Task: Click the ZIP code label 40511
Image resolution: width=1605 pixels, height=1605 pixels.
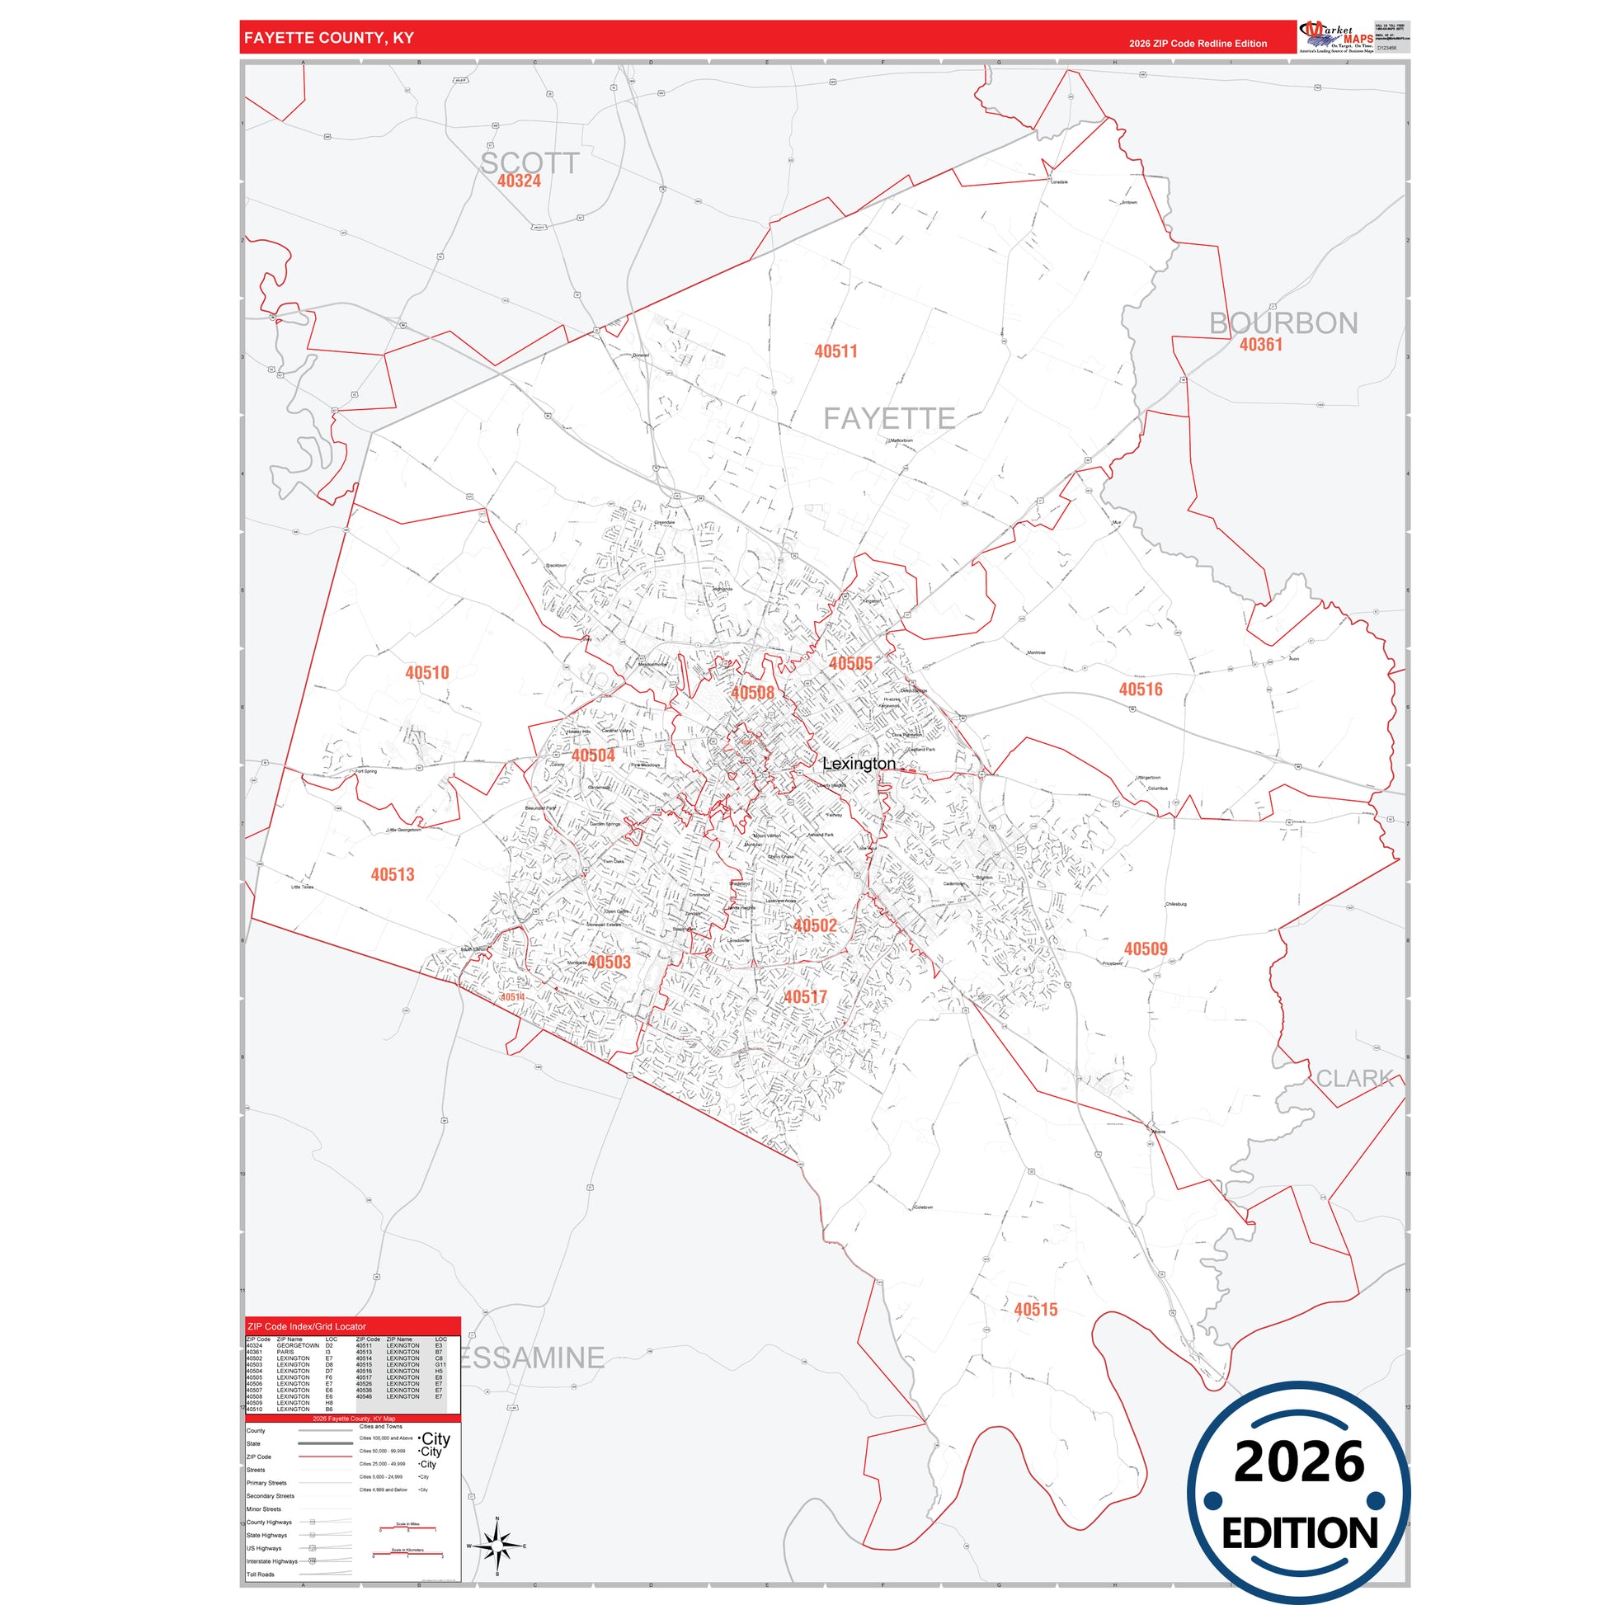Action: pyautogui.click(x=835, y=351)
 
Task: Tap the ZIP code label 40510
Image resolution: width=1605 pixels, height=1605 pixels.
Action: pyautogui.click(x=427, y=673)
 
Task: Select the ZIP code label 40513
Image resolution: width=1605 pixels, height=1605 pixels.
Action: pyautogui.click(x=392, y=875)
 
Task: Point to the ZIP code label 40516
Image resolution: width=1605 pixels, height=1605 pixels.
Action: pyautogui.click(x=1141, y=690)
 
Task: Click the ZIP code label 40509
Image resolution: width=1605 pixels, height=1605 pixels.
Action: pyautogui.click(x=1146, y=948)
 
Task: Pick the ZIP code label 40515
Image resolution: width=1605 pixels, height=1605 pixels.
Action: pyautogui.click(x=1036, y=1310)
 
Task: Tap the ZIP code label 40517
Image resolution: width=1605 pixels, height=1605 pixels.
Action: pyautogui.click(x=805, y=997)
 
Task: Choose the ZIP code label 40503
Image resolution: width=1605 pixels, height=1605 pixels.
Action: pyautogui.click(x=609, y=962)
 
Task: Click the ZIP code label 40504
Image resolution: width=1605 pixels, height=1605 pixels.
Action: pyautogui.click(x=593, y=755)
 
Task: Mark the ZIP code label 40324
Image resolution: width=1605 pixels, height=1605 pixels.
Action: pyautogui.click(x=520, y=181)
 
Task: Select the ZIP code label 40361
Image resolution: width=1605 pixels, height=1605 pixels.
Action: pyautogui.click(x=1261, y=345)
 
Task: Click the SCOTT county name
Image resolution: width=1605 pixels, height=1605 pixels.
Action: pyautogui.click(x=530, y=162)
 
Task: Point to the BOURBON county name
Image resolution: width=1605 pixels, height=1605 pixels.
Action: pyautogui.click(x=1283, y=323)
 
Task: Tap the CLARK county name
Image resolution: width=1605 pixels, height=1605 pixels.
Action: pyautogui.click(x=1355, y=1078)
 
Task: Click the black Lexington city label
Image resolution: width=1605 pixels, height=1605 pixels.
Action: pyautogui.click(x=859, y=764)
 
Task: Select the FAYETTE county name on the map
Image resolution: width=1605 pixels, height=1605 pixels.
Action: pyautogui.click(x=889, y=419)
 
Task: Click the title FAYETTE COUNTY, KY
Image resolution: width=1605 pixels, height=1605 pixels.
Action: pyautogui.click(x=329, y=38)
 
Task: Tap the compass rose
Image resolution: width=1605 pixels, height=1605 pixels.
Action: pyautogui.click(x=497, y=1546)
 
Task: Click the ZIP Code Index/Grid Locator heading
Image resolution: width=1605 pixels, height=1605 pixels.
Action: pyautogui.click(x=307, y=1327)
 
